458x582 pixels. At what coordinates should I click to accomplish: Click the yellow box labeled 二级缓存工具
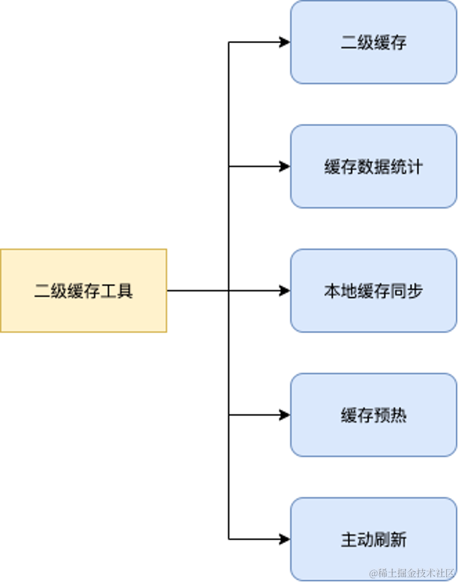pyautogui.click(x=84, y=291)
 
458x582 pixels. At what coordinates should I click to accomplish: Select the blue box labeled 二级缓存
pyautogui.click(x=373, y=43)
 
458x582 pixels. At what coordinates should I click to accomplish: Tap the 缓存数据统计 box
pyautogui.click(x=373, y=167)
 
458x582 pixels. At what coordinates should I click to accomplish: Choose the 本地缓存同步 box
pyautogui.click(x=373, y=291)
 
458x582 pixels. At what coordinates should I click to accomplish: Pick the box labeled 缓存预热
pyautogui.click(x=373, y=415)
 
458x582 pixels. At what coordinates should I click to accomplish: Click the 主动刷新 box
pyautogui.click(x=373, y=540)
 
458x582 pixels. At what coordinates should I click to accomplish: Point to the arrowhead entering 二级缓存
pyautogui.click(x=285, y=43)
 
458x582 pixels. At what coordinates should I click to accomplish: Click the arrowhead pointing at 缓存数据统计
pyautogui.click(x=285, y=167)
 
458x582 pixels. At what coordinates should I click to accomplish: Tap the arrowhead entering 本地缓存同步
pyautogui.click(x=285, y=291)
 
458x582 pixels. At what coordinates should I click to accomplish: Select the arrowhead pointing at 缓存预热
pyautogui.click(x=285, y=415)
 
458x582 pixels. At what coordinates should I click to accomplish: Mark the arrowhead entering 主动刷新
pyautogui.click(x=285, y=539)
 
